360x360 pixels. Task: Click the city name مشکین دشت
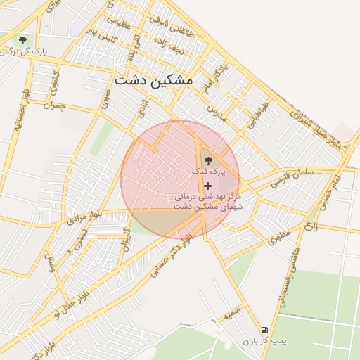(153, 80)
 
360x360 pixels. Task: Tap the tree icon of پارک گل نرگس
(23, 40)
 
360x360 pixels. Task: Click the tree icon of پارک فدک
(207, 160)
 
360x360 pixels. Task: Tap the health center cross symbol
(207, 186)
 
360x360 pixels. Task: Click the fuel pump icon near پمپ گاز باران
(264, 330)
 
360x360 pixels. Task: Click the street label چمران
(53, 106)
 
